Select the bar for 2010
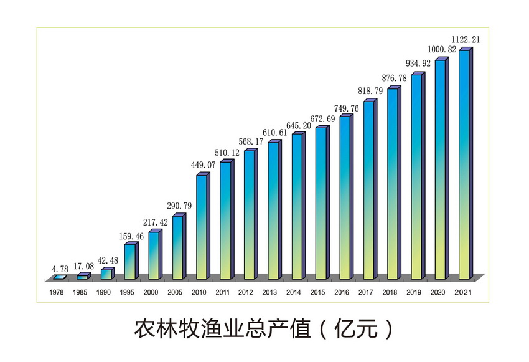click(201, 227)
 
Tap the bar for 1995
click(129, 261)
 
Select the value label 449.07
click(204, 165)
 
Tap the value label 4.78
click(60, 268)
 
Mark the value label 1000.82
click(441, 49)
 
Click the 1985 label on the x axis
click(80, 292)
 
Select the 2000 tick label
click(151, 292)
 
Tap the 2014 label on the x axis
click(293, 292)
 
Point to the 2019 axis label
click(413, 292)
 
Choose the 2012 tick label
click(246, 292)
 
